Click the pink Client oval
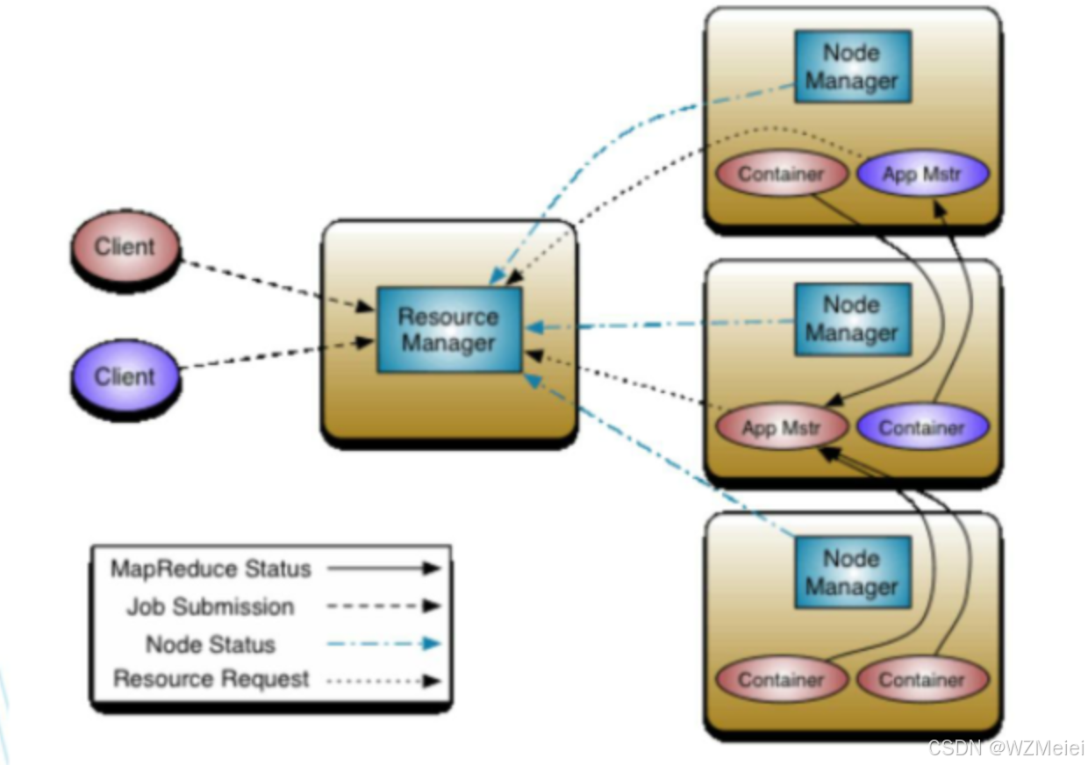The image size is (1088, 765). pos(125,247)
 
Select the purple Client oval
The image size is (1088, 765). pos(125,376)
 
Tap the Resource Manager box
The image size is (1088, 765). pos(449,329)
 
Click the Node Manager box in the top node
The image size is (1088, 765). pos(852,67)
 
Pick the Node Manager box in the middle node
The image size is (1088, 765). pos(852,318)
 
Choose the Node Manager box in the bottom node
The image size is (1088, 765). pos(852,572)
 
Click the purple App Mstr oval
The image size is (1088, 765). pos(922,174)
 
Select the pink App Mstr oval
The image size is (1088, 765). pos(782,428)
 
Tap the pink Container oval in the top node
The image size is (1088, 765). pos(781,174)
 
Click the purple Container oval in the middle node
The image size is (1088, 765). pos(922,428)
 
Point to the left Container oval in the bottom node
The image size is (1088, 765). pos(781,680)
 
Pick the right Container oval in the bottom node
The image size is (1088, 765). pos(922,680)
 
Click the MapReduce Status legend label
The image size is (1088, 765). pos(211,568)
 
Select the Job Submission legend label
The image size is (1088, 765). pos(211,606)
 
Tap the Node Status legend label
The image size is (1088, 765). pos(211,644)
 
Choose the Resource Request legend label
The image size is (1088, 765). pos(211,679)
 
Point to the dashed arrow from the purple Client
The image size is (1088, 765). pos(276,354)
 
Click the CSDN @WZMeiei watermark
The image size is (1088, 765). pos(1006,748)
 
